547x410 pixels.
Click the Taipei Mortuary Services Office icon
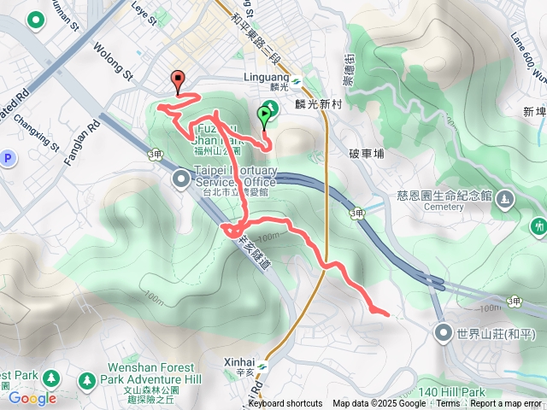(x=182, y=179)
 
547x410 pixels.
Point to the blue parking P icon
(x=9, y=158)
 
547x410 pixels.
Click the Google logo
(x=32, y=397)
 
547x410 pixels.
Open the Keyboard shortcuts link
(x=285, y=404)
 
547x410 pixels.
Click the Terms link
(x=448, y=404)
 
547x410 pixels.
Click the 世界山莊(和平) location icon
(x=443, y=331)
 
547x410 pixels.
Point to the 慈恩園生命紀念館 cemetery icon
(x=506, y=199)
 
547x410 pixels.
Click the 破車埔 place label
(x=367, y=154)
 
